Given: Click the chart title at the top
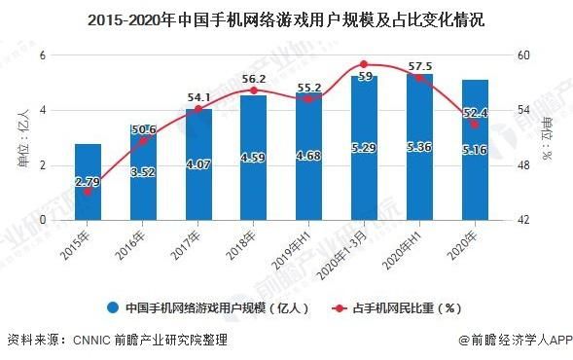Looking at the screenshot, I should point(286,18).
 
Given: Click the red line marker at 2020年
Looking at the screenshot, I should point(474,125).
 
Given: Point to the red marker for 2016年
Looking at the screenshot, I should point(143,141).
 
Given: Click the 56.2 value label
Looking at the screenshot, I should point(253,80).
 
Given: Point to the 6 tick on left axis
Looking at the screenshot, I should point(44,55).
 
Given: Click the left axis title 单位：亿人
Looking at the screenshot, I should point(21,137).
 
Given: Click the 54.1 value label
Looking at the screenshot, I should point(198,96).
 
